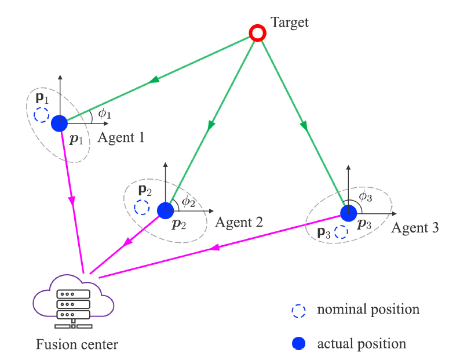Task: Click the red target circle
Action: pos(257,33)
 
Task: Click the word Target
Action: pos(290,23)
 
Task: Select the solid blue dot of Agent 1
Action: pos(59,123)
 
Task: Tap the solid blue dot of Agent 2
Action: pos(165,209)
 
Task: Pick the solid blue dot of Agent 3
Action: pos(348,213)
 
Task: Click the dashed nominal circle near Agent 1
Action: pos(41,115)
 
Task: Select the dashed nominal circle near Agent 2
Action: pos(141,206)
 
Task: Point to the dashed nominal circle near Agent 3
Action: pos(341,232)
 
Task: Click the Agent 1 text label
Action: pos(121,137)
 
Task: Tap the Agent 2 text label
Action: pos(239,221)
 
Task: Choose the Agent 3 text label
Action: pos(415,227)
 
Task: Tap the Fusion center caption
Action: pos(77,344)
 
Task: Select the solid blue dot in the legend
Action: pos(299,344)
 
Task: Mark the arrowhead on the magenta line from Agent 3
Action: pos(214,248)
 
